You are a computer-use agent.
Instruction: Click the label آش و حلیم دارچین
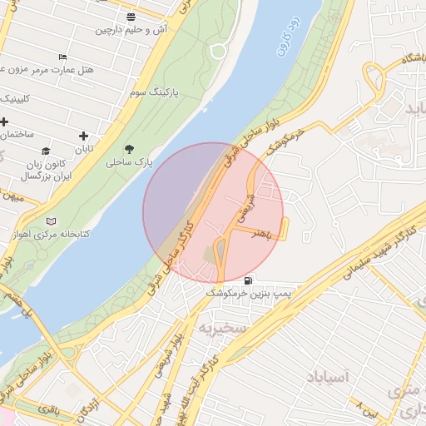pyautogui.click(x=131, y=30)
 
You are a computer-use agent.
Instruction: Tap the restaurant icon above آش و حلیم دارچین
pyautogui.click(x=131, y=16)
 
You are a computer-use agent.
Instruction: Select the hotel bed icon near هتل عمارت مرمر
pyautogui.click(x=62, y=57)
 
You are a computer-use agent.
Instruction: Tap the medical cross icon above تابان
pyautogui.click(x=83, y=136)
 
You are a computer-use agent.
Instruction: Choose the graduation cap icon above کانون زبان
pyautogui.click(x=47, y=151)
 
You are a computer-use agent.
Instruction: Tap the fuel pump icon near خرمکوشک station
pyautogui.click(x=250, y=280)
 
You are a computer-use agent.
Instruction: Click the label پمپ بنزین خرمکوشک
pyautogui.click(x=250, y=295)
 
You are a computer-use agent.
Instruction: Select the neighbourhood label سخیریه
pyautogui.click(x=222, y=328)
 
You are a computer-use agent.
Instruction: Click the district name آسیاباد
pyautogui.click(x=329, y=377)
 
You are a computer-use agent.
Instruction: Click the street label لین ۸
pyautogui.click(x=367, y=407)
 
